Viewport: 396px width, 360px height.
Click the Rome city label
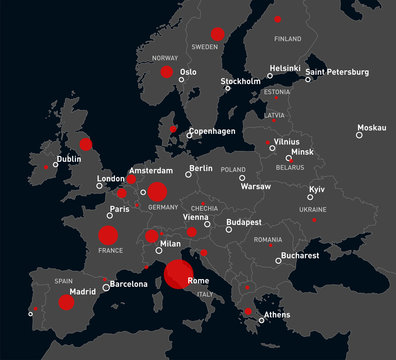pos(198,281)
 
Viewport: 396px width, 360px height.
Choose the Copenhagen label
pos(212,131)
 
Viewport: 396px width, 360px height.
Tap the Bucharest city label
pos(300,256)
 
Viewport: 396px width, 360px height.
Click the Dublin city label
pos(69,159)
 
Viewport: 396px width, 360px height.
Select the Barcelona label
pos(128,284)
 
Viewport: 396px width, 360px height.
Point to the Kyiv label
pos(317,189)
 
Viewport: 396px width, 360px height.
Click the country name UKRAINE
pos(312,210)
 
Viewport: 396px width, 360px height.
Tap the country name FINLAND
pos(287,39)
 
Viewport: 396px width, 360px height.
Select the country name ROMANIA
pos(268,240)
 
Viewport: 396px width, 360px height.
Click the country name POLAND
pos(233,170)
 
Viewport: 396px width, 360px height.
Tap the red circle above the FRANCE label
pos(108,236)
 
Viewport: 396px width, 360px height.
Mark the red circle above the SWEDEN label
pos(218,34)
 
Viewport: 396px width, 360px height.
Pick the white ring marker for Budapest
pos(229,229)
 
